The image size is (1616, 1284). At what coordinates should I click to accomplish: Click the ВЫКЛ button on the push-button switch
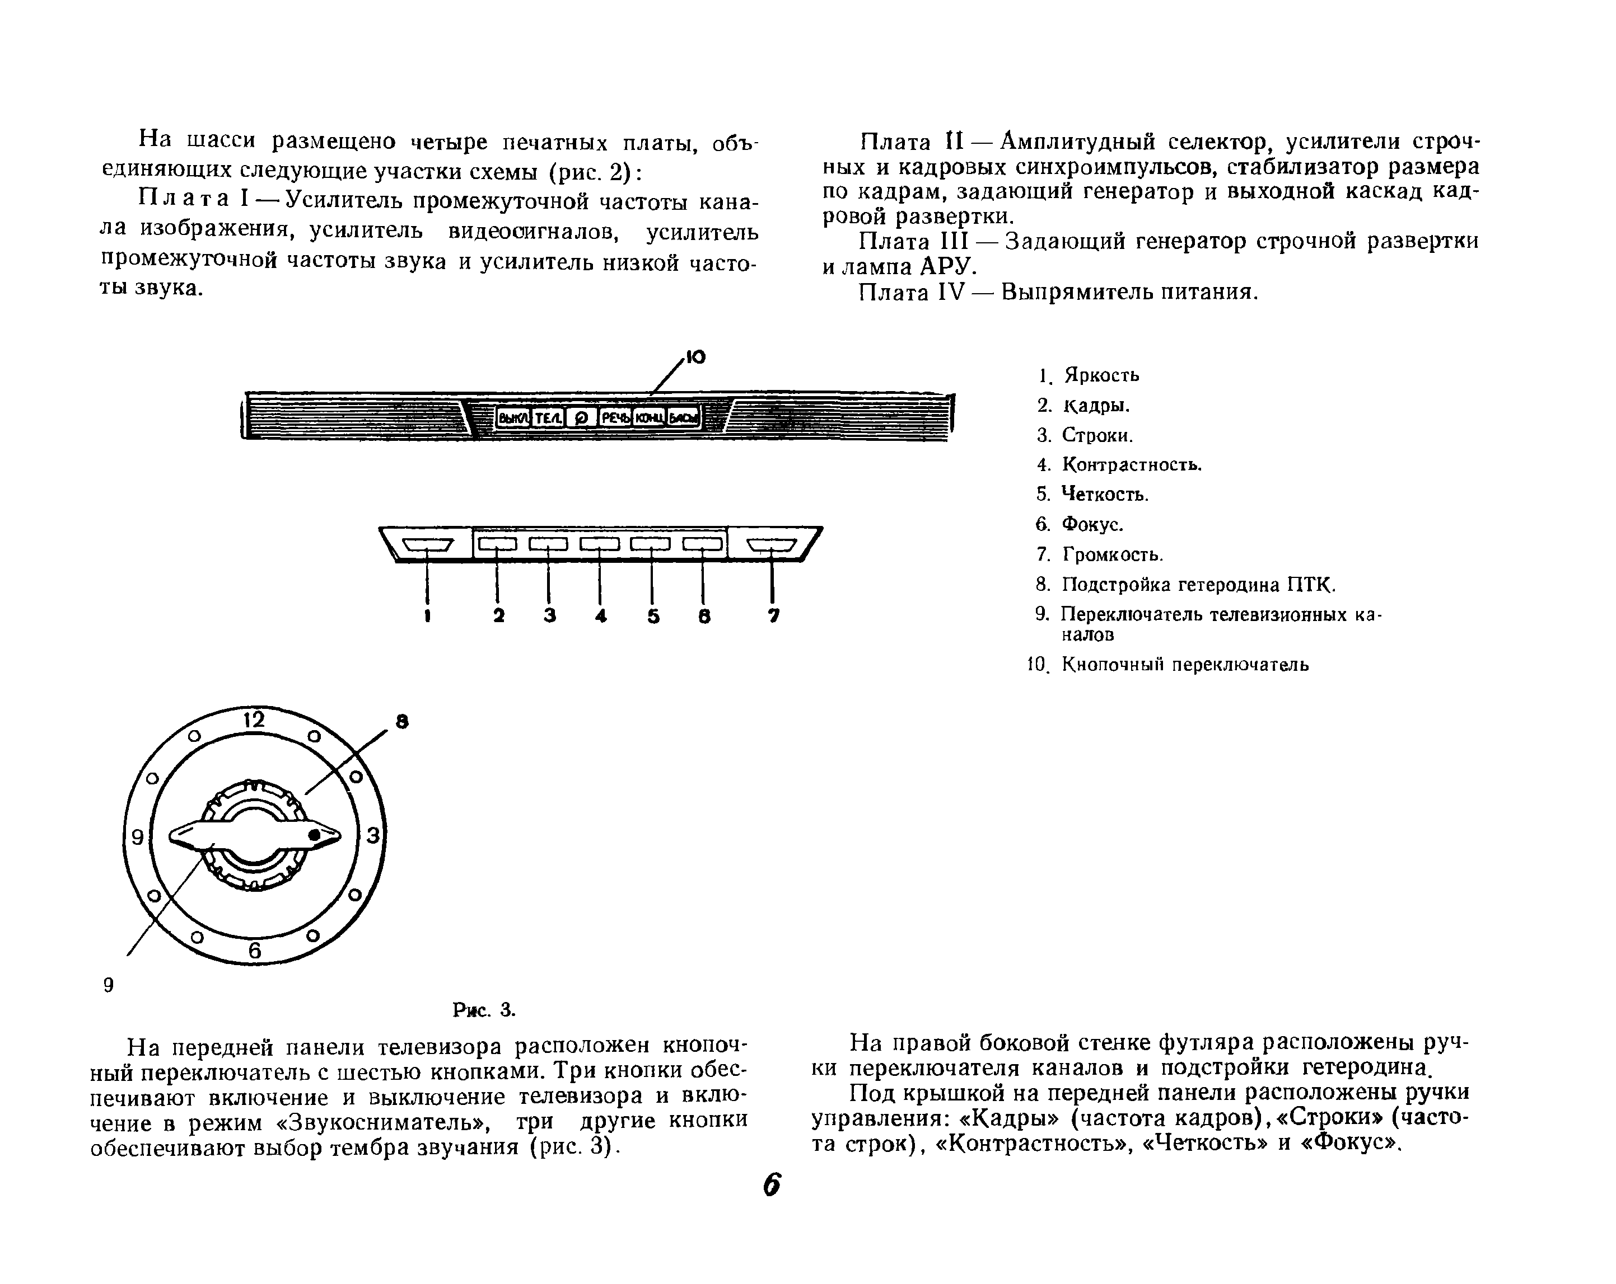click(513, 418)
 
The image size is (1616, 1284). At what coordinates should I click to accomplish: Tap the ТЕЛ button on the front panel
click(548, 418)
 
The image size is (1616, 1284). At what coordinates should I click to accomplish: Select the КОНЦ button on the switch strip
click(649, 418)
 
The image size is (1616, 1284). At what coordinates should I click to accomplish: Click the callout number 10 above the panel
click(695, 358)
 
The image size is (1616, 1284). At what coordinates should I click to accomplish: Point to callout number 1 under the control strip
click(427, 616)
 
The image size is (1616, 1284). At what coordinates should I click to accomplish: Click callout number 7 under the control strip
click(773, 616)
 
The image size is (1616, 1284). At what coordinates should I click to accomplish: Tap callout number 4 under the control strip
click(600, 616)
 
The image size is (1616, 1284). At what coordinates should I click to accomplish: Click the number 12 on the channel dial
click(254, 720)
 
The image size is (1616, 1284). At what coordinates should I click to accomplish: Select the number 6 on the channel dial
click(255, 951)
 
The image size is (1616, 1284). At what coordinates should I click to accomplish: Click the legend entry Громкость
click(1112, 554)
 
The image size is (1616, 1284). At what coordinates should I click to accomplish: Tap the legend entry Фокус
click(1093, 524)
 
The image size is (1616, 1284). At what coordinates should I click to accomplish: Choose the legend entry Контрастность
click(1132, 464)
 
